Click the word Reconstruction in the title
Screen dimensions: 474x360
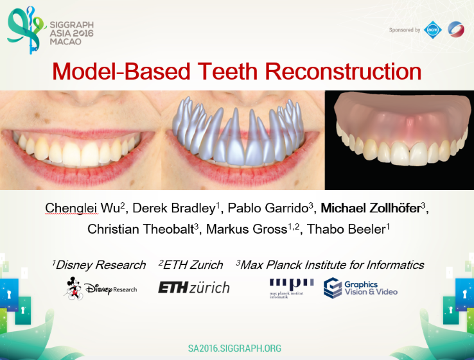343,72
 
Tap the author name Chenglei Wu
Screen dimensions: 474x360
83,208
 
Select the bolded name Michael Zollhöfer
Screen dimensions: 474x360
371,208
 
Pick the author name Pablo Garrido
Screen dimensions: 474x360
268,208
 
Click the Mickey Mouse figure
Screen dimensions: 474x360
73,288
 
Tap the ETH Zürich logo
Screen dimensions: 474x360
194,287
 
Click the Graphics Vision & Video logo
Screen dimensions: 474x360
360,288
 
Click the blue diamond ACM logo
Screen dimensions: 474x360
433,30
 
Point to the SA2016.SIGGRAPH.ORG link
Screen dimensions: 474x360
234,348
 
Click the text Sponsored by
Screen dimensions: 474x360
405,30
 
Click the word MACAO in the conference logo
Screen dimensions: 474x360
66,42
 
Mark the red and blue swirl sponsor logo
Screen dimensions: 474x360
456,30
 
